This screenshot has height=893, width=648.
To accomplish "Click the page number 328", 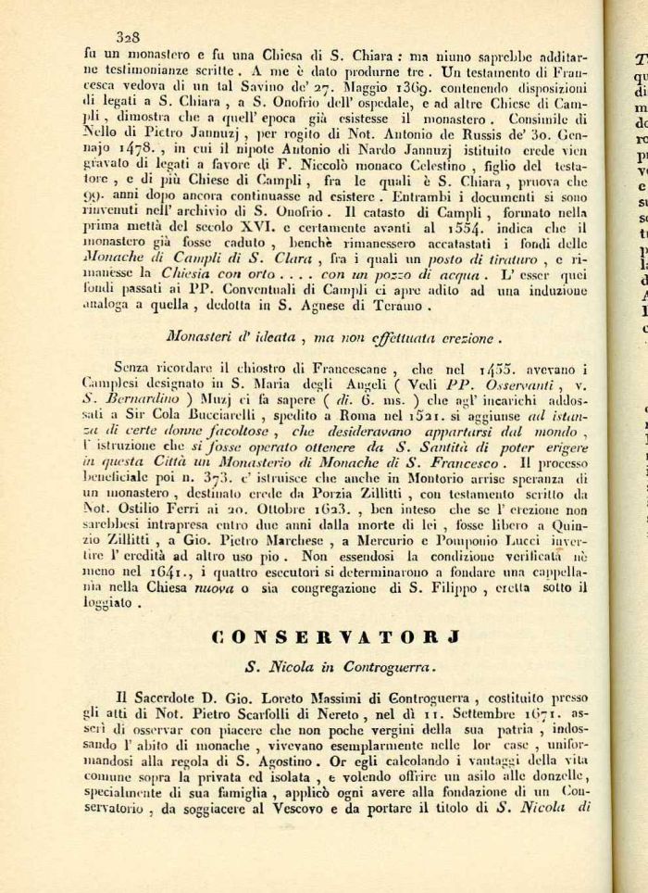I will (x=127, y=37).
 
